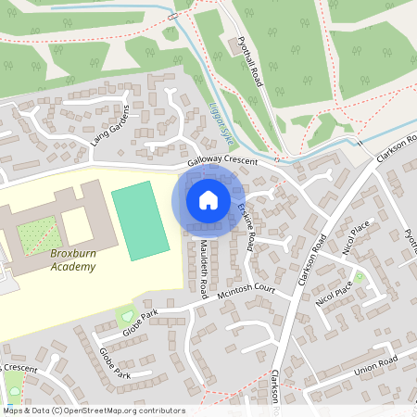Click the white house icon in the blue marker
tap(208, 199)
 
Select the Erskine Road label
tap(246, 225)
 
